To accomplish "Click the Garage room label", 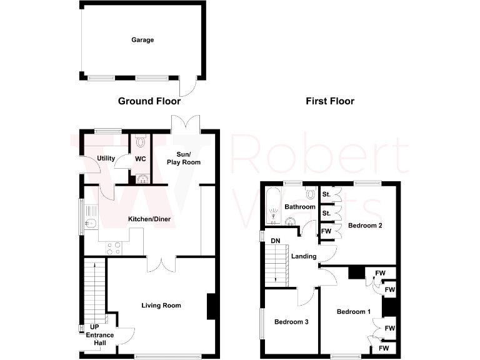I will [x=142, y=40].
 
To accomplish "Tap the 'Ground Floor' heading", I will [x=149, y=101].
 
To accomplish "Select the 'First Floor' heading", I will [x=330, y=101].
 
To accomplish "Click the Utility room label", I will [x=106, y=158].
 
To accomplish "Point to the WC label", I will [x=141, y=159].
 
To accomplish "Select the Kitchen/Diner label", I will [x=149, y=219].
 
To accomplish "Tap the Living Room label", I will [x=161, y=306].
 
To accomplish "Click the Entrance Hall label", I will [x=100, y=339].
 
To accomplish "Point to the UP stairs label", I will [x=94, y=327].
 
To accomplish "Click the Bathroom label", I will [x=300, y=207].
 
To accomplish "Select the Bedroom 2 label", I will [x=365, y=226].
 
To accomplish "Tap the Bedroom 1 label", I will [x=354, y=311].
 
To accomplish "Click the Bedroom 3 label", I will [x=291, y=322].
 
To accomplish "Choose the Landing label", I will [x=304, y=256].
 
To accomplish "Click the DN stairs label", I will [x=275, y=241].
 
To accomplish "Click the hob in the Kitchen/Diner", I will [x=114, y=248].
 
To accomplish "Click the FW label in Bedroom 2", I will [x=326, y=231].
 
